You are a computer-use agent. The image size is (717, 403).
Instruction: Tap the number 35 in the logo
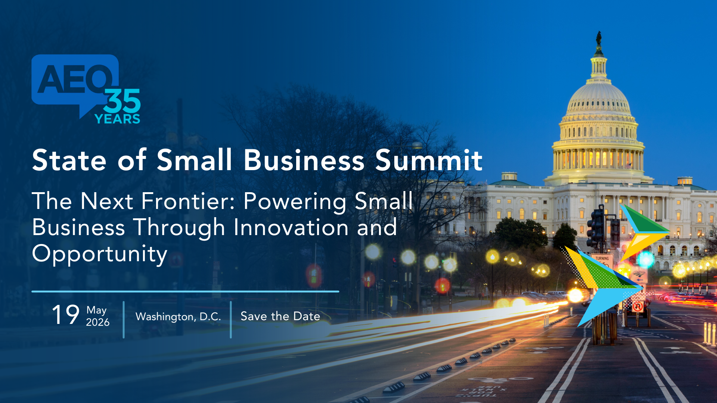(122, 101)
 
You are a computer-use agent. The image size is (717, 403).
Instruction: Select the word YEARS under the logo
(117, 119)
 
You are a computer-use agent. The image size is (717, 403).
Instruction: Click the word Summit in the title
(429, 160)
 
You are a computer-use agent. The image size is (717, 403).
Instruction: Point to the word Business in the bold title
(304, 160)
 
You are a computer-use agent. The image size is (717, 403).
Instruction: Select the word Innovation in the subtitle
(291, 227)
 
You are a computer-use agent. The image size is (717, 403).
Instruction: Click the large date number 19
(66, 315)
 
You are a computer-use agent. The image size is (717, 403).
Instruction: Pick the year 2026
(98, 322)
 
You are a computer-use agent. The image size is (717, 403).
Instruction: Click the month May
(97, 310)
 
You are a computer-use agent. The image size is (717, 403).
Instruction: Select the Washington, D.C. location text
(178, 317)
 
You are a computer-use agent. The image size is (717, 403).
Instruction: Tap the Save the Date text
(280, 316)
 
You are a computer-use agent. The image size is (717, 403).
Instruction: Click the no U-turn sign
(638, 307)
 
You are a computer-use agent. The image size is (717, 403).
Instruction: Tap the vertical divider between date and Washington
(124, 320)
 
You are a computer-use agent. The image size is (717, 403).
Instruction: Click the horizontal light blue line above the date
(185, 291)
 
